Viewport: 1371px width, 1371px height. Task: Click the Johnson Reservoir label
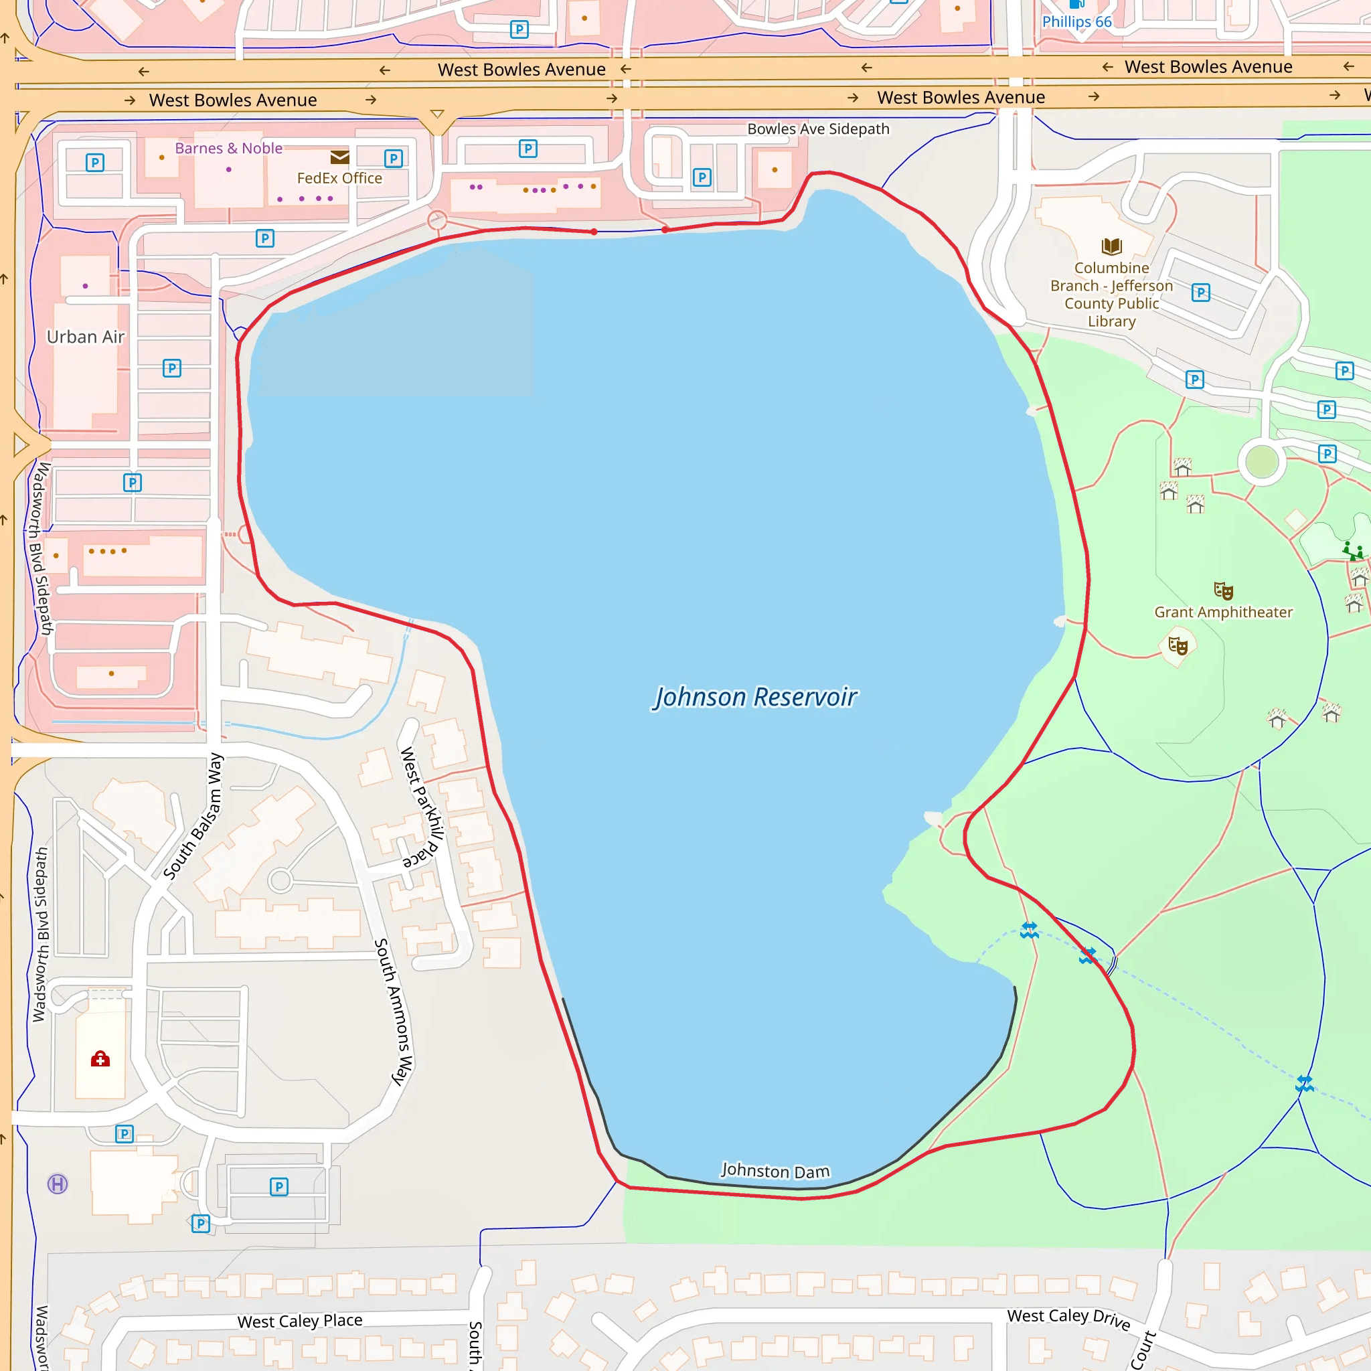tap(756, 697)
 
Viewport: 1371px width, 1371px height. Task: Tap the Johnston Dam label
tap(775, 1171)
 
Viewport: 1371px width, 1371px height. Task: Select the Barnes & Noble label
tap(228, 149)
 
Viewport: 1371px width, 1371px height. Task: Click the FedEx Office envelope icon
tap(340, 157)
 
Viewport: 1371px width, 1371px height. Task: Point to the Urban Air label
tap(86, 337)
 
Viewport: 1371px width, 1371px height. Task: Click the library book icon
tap(1111, 246)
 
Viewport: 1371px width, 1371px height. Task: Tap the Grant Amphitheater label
tap(1224, 612)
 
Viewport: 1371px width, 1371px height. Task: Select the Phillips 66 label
tap(1076, 22)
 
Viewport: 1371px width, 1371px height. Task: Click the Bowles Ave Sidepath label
tap(818, 129)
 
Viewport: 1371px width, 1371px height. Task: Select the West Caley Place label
tap(299, 1321)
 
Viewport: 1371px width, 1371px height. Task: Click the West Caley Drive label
tap(1068, 1317)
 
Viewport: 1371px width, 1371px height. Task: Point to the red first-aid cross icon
tap(100, 1060)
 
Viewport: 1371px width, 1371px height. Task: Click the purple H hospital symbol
tap(58, 1184)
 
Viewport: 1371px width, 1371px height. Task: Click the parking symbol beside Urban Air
tap(172, 368)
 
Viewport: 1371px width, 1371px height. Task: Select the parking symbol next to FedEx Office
tap(393, 158)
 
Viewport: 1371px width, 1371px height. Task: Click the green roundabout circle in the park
tap(1263, 462)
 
